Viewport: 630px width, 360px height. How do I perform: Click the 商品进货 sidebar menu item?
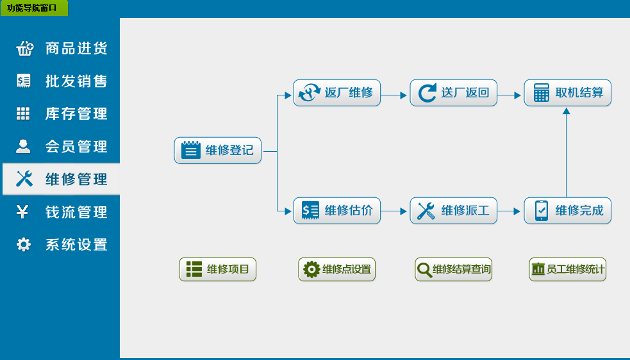click(62, 49)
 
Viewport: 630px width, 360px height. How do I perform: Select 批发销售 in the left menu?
click(62, 81)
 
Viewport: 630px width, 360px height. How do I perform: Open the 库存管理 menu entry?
click(62, 114)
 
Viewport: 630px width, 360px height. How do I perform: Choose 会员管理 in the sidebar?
click(62, 147)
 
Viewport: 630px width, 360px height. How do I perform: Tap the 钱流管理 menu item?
click(62, 212)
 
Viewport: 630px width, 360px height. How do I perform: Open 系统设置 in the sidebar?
click(62, 245)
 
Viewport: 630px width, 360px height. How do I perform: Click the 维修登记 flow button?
click(218, 151)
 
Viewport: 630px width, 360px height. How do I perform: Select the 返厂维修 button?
click(337, 93)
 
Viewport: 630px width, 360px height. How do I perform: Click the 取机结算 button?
click(568, 93)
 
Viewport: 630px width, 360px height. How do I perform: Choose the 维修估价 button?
click(337, 211)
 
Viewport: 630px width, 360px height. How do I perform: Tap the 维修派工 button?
click(454, 211)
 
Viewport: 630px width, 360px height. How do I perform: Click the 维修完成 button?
click(568, 211)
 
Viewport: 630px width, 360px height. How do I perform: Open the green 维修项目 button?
click(218, 270)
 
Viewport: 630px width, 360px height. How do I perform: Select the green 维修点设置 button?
click(337, 270)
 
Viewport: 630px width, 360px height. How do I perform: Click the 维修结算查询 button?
click(454, 270)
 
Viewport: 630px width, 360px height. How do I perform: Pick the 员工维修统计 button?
click(568, 270)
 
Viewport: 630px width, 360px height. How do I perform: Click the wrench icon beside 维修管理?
click(24, 179)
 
